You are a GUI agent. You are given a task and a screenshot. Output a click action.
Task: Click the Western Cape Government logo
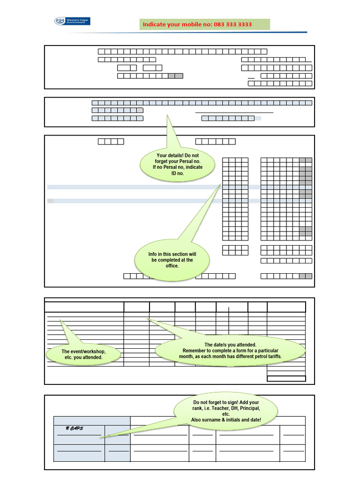(72, 22)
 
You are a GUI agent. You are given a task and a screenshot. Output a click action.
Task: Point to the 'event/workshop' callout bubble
(83, 354)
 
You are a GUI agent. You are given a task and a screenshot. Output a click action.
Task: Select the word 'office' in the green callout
(172, 266)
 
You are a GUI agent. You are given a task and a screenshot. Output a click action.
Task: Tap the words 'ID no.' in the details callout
(178, 173)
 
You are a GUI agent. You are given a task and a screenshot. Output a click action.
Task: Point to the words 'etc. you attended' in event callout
(83, 358)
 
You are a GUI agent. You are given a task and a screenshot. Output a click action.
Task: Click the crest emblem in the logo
(60, 21)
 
